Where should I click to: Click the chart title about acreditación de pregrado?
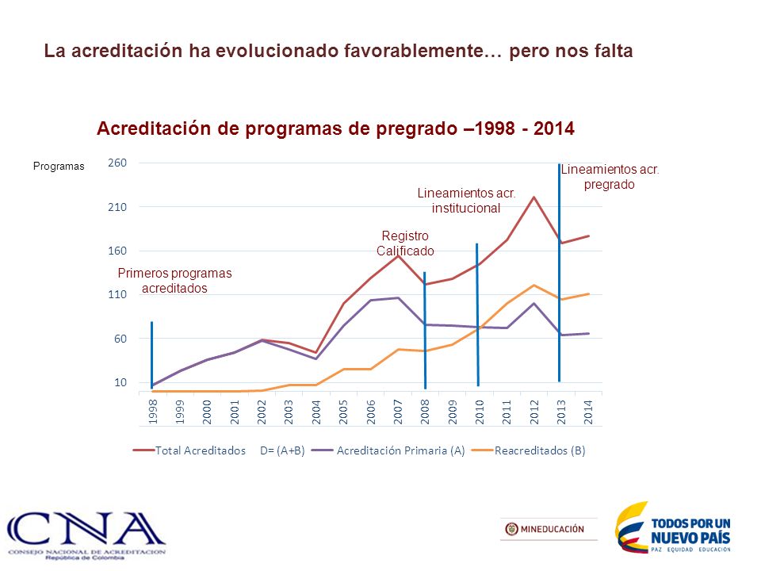click(335, 128)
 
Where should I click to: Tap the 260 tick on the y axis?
click(117, 163)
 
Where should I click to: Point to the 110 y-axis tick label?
click(117, 294)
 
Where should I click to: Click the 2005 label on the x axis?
click(343, 412)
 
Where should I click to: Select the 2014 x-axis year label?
click(588, 412)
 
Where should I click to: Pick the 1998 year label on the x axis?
click(153, 412)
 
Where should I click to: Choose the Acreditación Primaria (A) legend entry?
click(388, 450)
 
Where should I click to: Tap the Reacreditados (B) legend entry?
click(529, 450)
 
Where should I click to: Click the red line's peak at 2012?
click(533, 197)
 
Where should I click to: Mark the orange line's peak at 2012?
click(533, 285)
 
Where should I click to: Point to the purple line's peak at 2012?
click(533, 304)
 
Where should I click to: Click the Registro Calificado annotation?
click(405, 243)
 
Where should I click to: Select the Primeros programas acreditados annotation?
click(174, 281)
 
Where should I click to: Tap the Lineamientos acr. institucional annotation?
click(466, 201)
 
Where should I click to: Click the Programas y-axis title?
click(59, 166)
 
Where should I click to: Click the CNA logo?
click(86, 535)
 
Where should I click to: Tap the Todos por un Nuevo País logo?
click(674, 528)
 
